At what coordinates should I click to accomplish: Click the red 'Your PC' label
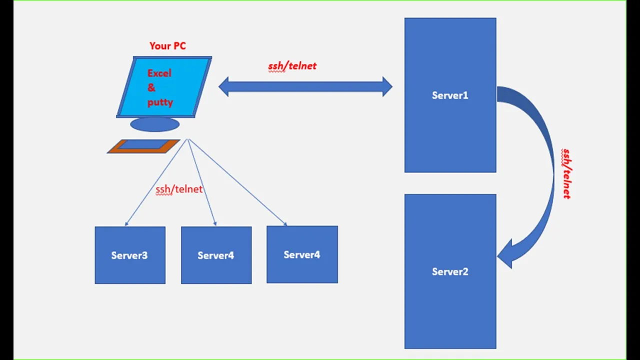click(167, 45)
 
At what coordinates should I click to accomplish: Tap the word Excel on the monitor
click(159, 73)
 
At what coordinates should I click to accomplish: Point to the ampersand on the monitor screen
click(151, 87)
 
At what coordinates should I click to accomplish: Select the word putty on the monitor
click(160, 102)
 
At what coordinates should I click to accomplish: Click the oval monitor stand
click(155, 124)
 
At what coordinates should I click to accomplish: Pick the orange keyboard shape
click(143, 146)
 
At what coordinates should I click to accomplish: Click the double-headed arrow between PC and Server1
click(305, 86)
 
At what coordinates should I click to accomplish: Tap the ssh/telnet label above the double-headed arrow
click(292, 66)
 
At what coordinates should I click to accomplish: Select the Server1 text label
click(450, 95)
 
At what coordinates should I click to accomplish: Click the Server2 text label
click(450, 271)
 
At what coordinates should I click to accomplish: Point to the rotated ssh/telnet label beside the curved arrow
click(566, 173)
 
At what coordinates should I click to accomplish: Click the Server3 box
click(130, 255)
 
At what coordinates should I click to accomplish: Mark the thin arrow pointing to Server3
click(156, 182)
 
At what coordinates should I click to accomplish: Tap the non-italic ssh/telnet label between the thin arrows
click(179, 189)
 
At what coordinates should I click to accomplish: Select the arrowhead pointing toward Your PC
click(223, 86)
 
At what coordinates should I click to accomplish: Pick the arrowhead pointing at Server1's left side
click(387, 86)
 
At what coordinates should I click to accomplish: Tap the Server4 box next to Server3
click(216, 255)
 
